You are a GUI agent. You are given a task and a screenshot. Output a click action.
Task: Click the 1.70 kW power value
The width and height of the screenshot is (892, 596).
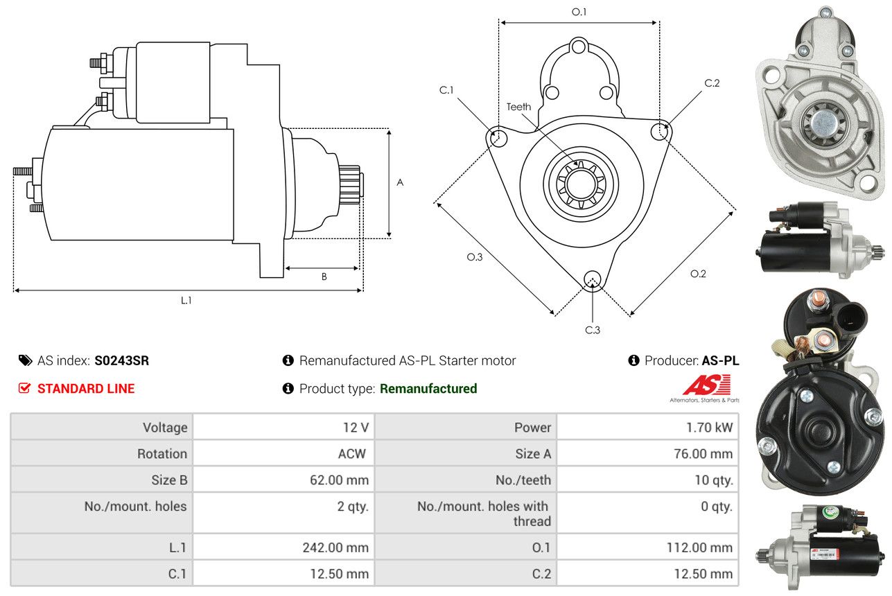[x=709, y=427]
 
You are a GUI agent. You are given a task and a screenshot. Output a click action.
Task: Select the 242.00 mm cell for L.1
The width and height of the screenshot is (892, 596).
[x=335, y=547]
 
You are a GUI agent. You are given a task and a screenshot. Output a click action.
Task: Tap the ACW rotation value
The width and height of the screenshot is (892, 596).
[x=352, y=453]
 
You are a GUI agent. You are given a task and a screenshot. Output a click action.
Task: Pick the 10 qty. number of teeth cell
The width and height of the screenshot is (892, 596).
[x=714, y=480]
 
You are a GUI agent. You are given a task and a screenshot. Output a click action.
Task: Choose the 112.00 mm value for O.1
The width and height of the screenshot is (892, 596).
[x=699, y=547]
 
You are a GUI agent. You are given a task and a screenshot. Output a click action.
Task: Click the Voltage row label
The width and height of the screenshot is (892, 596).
[x=165, y=427]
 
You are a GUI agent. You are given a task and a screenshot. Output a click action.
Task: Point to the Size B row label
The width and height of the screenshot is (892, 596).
[x=169, y=480]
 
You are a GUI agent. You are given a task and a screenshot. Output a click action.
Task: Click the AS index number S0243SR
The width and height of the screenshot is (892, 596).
[x=121, y=360]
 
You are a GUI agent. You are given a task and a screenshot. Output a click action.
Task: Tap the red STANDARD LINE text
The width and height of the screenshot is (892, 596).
[x=86, y=389]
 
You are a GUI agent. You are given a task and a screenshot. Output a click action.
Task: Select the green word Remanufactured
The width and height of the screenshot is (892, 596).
[x=428, y=389]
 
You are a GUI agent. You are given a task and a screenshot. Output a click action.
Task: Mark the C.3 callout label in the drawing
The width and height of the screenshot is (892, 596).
[x=593, y=330]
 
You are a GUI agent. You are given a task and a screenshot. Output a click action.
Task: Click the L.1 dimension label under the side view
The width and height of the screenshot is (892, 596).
[x=186, y=300]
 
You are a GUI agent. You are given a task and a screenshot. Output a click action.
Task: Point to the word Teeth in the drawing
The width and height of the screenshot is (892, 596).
[x=518, y=107]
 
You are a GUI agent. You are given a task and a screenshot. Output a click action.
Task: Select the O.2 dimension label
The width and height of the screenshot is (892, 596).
[x=698, y=274]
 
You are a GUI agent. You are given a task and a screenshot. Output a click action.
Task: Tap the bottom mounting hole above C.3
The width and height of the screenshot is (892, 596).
[x=592, y=279]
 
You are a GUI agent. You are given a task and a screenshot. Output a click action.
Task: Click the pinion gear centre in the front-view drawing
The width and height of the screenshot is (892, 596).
[x=581, y=184]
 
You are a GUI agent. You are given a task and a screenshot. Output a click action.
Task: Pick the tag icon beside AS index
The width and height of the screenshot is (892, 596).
[x=26, y=360]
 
